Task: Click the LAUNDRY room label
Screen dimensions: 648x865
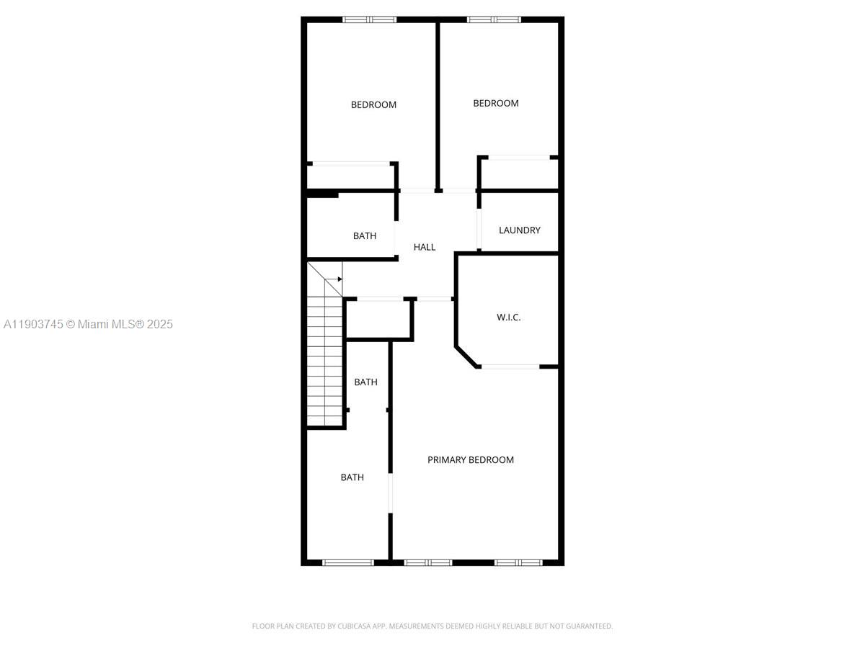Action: [x=519, y=230]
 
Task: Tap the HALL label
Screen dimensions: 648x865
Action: [x=425, y=247]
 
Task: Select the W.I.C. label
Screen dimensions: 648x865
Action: [x=508, y=317]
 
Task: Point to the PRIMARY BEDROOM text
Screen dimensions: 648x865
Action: [x=471, y=460]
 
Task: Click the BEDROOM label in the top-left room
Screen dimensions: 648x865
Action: [x=373, y=105]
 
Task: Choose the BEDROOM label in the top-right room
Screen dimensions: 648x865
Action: [x=496, y=104]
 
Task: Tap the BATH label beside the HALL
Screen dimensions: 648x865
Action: [x=365, y=236]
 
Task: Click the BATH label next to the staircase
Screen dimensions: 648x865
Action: [x=365, y=382]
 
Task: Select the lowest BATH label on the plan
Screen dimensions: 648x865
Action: [x=352, y=477]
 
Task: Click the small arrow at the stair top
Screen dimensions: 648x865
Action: [x=338, y=279]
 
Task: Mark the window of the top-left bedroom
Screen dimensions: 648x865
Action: [x=369, y=19]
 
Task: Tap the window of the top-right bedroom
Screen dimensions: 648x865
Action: [x=494, y=19]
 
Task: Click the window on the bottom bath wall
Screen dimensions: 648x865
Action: [x=347, y=562]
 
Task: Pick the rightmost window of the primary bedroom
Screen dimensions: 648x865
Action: [x=518, y=562]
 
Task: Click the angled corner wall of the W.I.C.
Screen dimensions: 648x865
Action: [x=466, y=357]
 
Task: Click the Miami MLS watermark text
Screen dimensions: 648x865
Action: [x=88, y=325]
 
